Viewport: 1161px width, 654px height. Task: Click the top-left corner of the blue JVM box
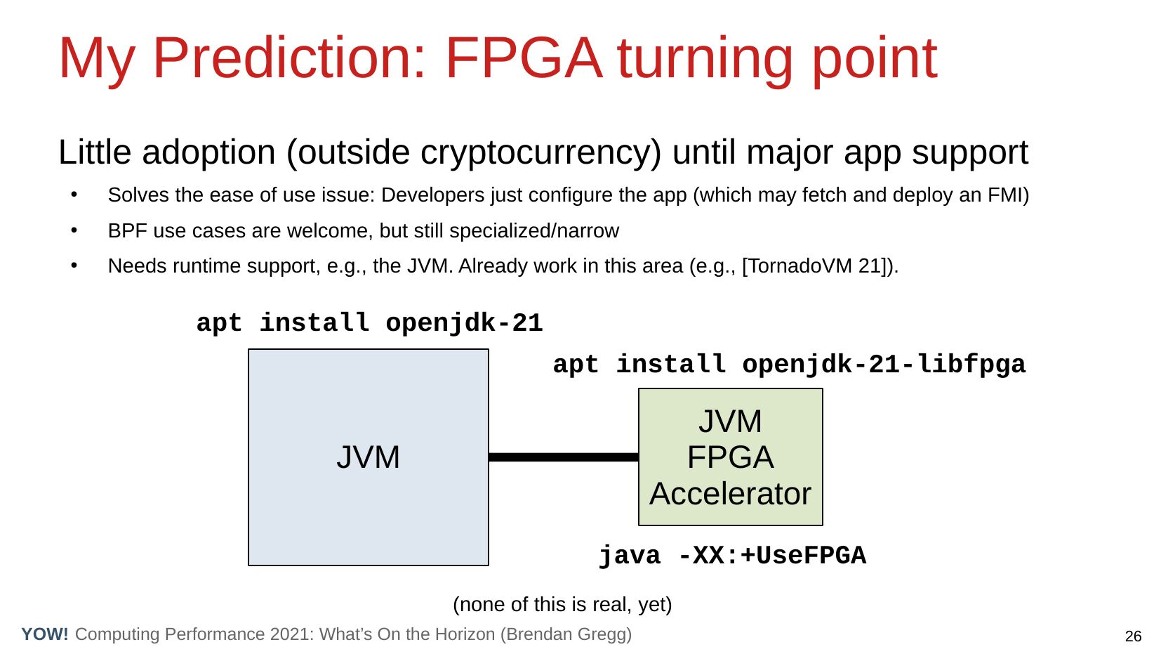pyautogui.click(x=248, y=349)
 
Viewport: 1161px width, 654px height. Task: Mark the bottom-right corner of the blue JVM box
pyautogui.click(x=489, y=565)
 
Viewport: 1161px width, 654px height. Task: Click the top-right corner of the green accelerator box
pyautogui.click(x=823, y=388)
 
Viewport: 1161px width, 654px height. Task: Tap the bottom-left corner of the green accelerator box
pyautogui.click(x=639, y=525)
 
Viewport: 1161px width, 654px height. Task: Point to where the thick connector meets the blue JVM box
pyautogui.click(x=489, y=457)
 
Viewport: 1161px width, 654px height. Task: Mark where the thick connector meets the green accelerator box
pyautogui.click(x=639, y=457)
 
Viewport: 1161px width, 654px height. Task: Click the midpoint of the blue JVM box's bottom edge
pyautogui.click(x=369, y=565)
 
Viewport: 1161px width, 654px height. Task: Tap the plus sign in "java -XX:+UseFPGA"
pyautogui.click(x=748, y=556)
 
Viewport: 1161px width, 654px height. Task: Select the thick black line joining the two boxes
pyautogui.click(x=564, y=457)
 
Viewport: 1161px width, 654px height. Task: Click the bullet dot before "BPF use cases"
pyautogui.click(x=74, y=230)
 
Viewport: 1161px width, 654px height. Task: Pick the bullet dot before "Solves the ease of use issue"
pyautogui.click(x=74, y=195)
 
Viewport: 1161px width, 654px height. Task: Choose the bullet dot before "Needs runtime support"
pyautogui.click(x=74, y=265)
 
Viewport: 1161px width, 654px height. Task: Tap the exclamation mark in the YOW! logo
pyautogui.click(x=65, y=634)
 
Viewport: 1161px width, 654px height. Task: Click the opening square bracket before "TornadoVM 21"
pyautogui.click(x=745, y=266)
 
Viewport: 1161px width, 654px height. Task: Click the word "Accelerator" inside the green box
pyautogui.click(x=730, y=493)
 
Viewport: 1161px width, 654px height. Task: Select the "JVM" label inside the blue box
pyautogui.click(x=369, y=457)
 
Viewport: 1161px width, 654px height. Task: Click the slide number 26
pyautogui.click(x=1134, y=636)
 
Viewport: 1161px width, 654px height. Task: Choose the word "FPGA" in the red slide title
pyautogui.click(x=524, y=58)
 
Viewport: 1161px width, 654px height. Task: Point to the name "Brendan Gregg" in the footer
pyautogui.click(x=566, y=634)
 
